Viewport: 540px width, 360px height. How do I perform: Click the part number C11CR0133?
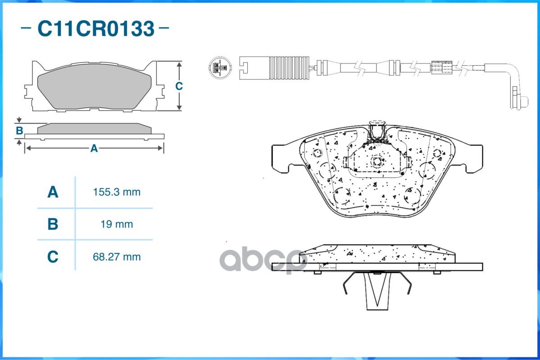(95, 29)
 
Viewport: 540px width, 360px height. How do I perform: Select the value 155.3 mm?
(117, 193)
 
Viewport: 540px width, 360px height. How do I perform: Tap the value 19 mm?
(117, 224)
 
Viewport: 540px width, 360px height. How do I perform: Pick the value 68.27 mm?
(117, 257)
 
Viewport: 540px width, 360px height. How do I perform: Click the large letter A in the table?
(53, 193)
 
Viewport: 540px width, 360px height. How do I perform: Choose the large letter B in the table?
(53, 224)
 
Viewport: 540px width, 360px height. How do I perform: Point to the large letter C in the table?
(53, 257)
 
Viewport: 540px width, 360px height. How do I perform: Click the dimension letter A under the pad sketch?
(94, 148)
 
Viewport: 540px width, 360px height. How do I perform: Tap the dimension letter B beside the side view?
(19, 131)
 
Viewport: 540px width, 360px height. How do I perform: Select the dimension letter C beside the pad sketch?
(179, 86)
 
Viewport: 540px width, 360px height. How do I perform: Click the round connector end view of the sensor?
(221, 68)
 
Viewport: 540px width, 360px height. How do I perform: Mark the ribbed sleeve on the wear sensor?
(289, 68)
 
